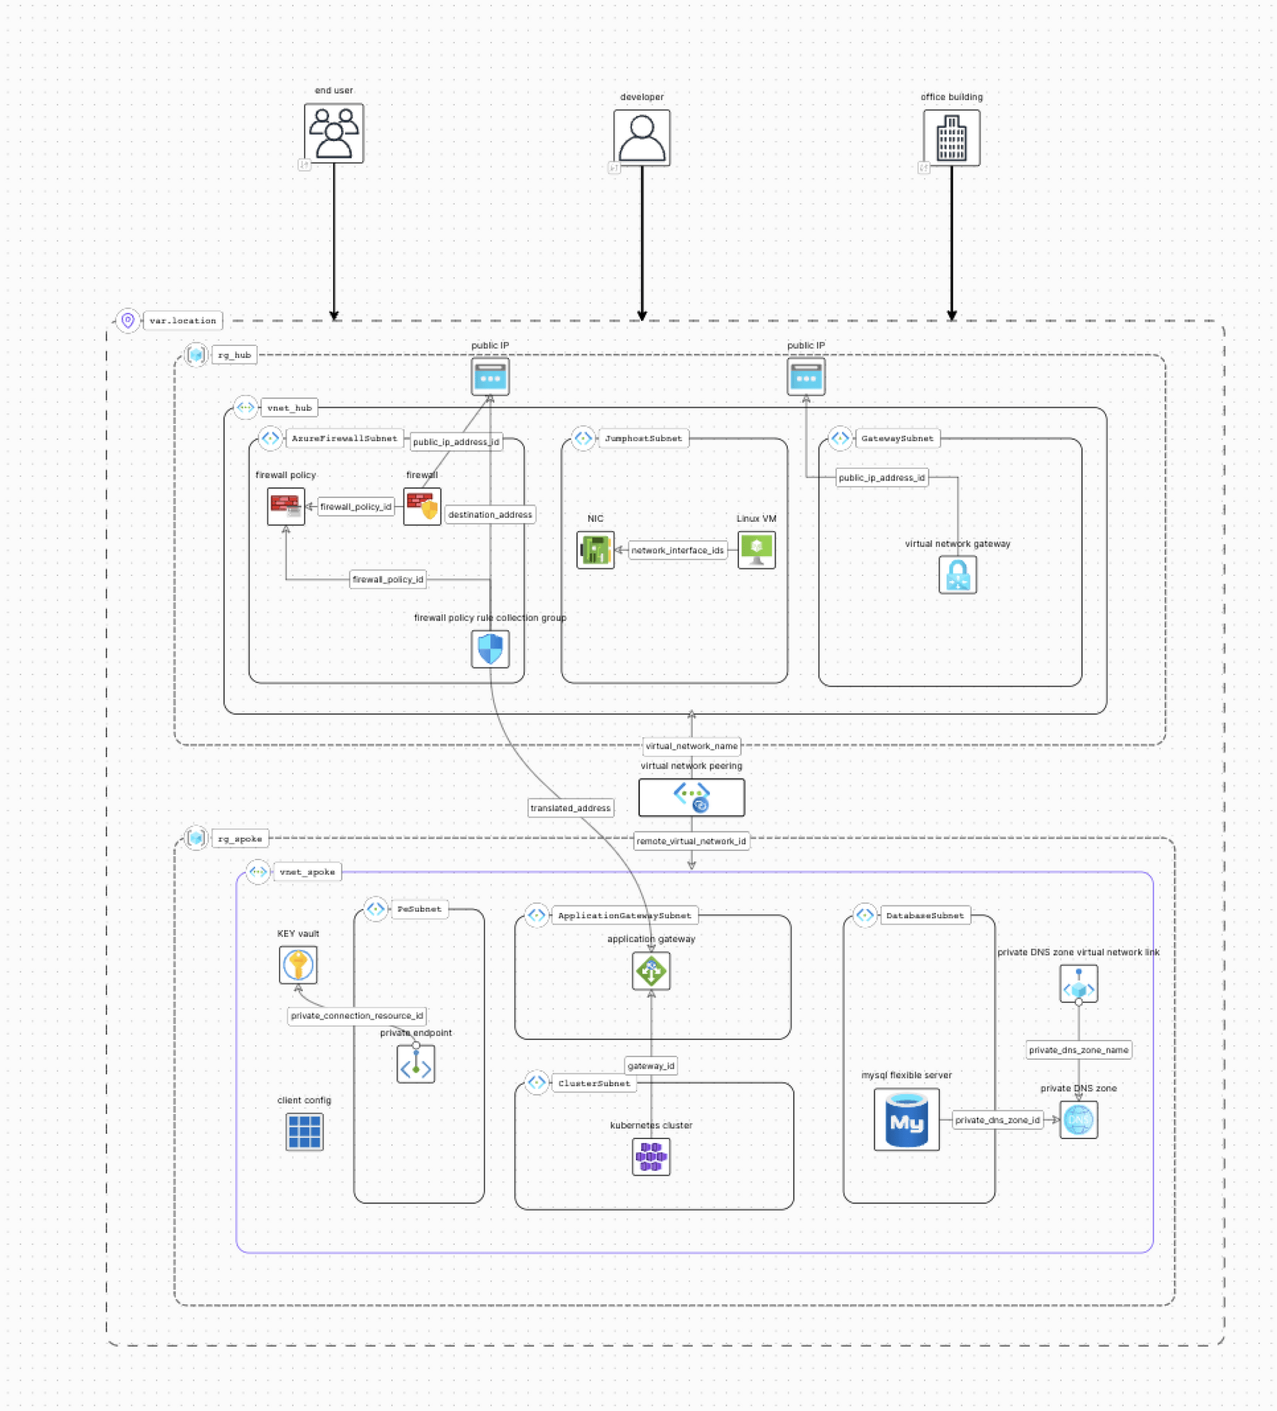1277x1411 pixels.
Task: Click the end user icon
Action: click(x=334, y=133)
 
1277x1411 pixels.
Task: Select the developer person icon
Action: click(x=641, y=137)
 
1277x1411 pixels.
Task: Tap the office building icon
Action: click(x=951, y=137)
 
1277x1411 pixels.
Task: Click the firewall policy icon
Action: click(x=285, y=506)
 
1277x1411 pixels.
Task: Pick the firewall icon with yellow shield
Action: click(x=422, y=506)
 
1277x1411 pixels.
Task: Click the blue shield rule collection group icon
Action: click(x=490, y=649)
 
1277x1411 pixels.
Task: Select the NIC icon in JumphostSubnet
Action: click(x=595, y=550)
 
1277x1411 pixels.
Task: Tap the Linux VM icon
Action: click(x=756, y=550)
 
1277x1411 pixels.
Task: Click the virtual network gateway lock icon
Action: click(x=957, y=575)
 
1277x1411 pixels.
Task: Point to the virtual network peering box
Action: click(x=691, y=797)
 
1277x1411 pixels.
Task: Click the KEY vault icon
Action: click(x=298, y=965)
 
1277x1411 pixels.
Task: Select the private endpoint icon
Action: click(x=416, y=1064)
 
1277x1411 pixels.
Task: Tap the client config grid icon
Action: click(x=304, y=1132)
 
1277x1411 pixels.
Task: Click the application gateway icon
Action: click(x=651, y=970)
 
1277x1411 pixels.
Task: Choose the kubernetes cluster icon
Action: click(x=651, y=1156)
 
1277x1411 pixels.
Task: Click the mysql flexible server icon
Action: click(x=906, y=1119)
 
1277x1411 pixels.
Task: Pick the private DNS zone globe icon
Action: click(x=1078, y=1119)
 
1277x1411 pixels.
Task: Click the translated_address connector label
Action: click(x=571, y=808)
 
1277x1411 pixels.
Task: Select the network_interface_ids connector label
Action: click(x=677, y=550)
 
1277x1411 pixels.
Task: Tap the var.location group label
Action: click(x=183, y=321)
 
